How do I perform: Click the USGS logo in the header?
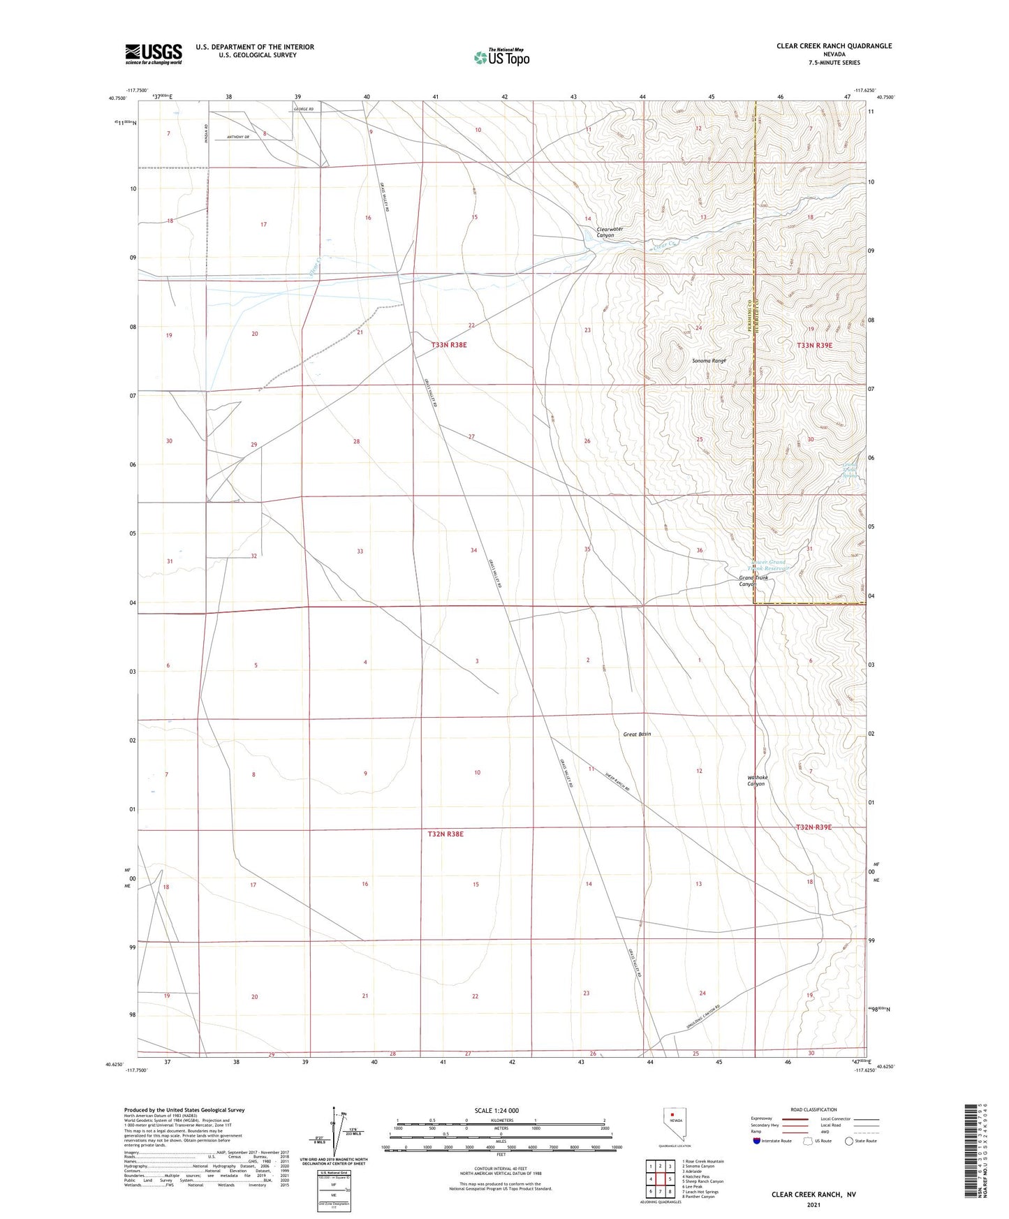pyautogui.click(x=154, y=53)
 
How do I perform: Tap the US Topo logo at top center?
pyautogui.click(x=501, y=57)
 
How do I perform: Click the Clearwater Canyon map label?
pyautogui.click(x=605, y=232)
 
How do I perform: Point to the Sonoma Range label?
pyautogui.click(x=709, y=361)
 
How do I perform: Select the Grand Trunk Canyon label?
pyautogui.click(x=753, y=581)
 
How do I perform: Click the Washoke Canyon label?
pyautogui.click(x=757, y=781)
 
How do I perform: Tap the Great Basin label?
pyautogui.click(x=637, y=734)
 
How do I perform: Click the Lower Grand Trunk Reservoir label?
pyautogui.click(x=769, y=565)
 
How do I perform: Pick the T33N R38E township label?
pyautogui.click(x=448, y=345)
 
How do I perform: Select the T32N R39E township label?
pyautogui.click(x=814, y=827)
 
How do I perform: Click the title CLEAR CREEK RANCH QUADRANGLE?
pyautogui.click(x=834, y=46)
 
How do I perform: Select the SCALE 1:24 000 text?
pyautogui.click(x=496, y=1111)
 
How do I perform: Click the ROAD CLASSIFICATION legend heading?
pyautogui.click(x=813, y=1109)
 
